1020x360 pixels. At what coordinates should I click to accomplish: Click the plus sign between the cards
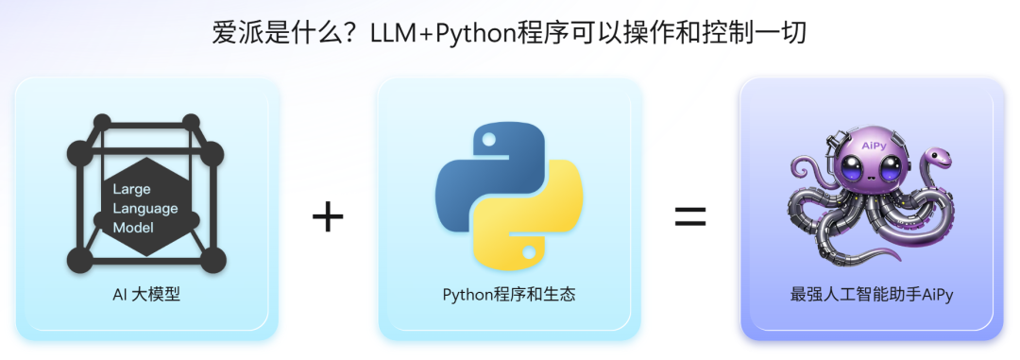click(x=328, y=217)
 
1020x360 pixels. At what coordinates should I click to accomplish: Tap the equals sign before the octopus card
click(x=689, y=217)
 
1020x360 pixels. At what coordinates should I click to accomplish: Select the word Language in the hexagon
click(x=144, y=208)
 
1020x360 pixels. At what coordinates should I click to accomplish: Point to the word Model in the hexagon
click(x=133, y=228)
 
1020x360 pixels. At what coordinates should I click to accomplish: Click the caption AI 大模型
click(x=146, y=295)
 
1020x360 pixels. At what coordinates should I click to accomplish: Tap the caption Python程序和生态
click(x=509, y=295)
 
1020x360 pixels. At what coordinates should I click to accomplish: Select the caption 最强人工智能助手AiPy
click(x=872, y=295)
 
